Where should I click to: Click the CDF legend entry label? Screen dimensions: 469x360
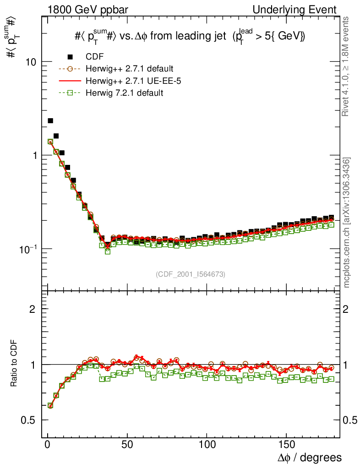pos(95,57)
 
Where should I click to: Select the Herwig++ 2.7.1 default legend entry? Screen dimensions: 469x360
pos(129,69)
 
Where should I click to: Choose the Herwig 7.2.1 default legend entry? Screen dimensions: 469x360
pos(125,93)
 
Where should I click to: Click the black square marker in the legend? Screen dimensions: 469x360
pos(70,57)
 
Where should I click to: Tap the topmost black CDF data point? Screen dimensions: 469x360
pos(50,121)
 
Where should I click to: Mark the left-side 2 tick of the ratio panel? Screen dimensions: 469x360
pos(33,309)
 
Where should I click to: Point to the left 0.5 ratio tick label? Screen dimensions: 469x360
pos(28,420)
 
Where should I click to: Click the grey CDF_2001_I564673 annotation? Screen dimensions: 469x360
pos(191,274)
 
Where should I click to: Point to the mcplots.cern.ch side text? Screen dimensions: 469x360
pos(347,223)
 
